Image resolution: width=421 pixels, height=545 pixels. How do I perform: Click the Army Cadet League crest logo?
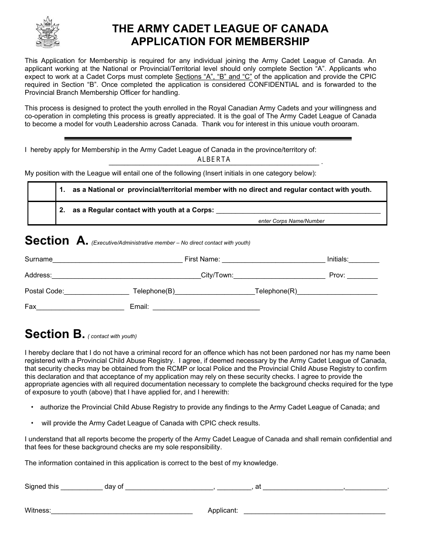tap(47, 32)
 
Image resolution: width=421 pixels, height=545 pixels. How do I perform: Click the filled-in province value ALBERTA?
tap(214, 160)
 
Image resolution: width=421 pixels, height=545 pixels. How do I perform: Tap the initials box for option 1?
tap(42, 191)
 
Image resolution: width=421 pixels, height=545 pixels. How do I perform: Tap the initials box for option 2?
tap(42, 213)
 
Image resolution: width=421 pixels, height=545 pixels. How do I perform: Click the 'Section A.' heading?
tap(57, 241)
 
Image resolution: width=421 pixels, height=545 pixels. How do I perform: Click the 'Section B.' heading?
tap(54, 334)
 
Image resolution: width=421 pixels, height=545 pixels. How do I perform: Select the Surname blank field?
tap(117, 260)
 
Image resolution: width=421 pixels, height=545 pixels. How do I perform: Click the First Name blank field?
tap(273, 260)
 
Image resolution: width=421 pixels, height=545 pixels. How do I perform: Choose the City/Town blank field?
tap(279, 276)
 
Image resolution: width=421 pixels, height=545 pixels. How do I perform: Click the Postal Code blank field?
tap(97, 292)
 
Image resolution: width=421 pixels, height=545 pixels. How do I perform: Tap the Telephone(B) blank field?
tap(215, 292)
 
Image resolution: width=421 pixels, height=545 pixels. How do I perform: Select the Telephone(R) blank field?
tap(337, 292)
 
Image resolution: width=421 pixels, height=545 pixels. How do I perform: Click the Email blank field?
tap(206, 308)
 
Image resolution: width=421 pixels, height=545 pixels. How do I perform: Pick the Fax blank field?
tap(80, 308)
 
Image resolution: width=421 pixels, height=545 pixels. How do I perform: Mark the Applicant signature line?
tap(315, 511)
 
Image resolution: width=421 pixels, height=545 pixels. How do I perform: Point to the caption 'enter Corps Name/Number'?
tap(291, 221)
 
